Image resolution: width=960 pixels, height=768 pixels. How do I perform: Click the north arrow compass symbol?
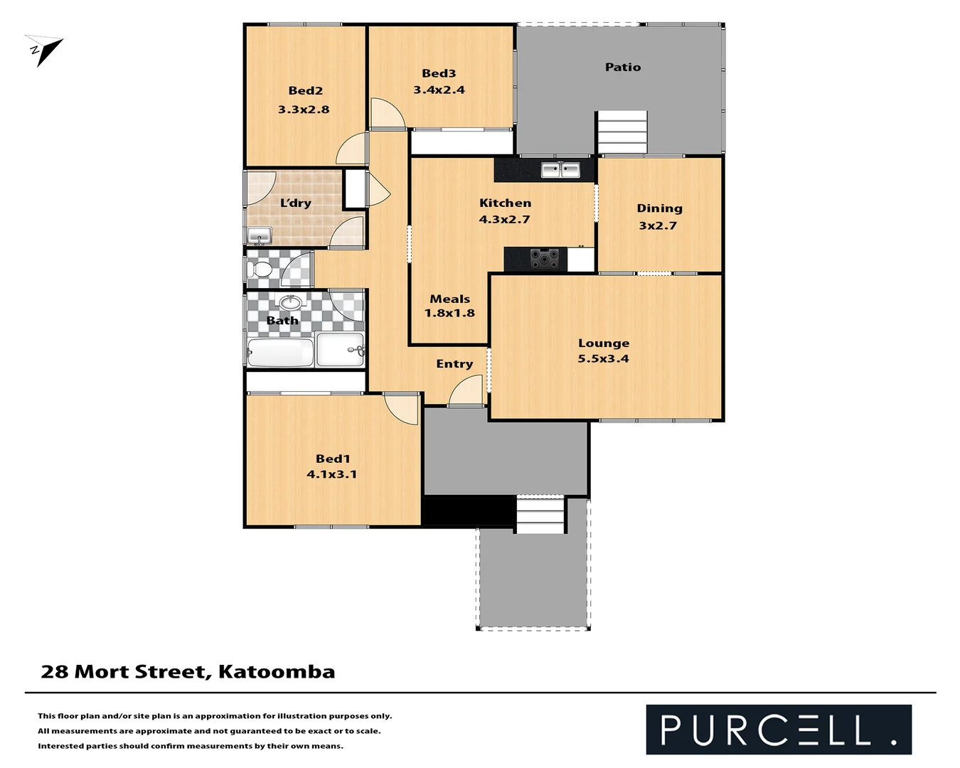click(x=44, y=50)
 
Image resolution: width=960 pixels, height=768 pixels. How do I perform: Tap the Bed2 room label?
click(x=306, y=91)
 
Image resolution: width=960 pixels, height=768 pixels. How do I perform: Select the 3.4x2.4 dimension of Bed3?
click(x=439, y=90)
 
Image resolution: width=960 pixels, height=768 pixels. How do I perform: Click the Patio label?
click(x=623, y=68)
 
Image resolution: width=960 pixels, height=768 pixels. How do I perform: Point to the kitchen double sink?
click(x=560, y=170)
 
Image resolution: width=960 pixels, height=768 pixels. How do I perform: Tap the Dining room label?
click(x=659, y=208)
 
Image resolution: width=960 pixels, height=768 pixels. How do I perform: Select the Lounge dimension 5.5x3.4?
click(x=603, y=359)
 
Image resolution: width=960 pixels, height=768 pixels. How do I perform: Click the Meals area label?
click(x=449, y=299)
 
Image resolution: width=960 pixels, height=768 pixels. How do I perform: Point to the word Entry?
click(x=454, y=364)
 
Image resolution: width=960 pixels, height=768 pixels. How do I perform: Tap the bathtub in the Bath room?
click(x=280, y=352)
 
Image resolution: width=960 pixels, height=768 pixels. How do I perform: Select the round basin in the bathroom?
click(x=289, y=302)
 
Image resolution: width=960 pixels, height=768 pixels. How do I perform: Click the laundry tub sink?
click(x=259, y=235)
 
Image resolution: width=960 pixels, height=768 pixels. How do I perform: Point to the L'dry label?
click(x=295, y=203)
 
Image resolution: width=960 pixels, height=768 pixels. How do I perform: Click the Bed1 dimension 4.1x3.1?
click(x=331, y=474)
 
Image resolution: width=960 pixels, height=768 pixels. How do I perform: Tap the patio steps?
click(x=622, y=132)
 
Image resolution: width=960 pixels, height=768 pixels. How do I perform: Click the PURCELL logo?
click(x=778, y=730)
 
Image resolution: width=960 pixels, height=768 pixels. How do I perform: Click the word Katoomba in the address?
click(x=277, y=672)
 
